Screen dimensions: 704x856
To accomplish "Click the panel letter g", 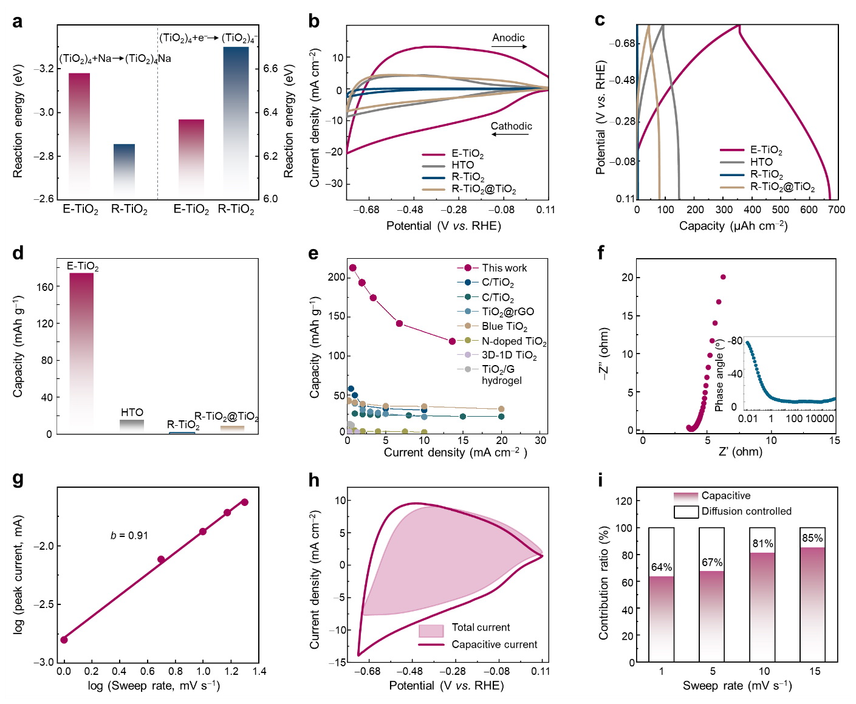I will click(x=18, y=479).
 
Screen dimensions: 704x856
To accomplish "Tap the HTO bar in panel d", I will click(x=132, y=426).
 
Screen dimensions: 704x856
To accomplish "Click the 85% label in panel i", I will click(x=812, y=538).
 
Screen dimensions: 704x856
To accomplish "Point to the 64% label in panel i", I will click(x=662, y=567).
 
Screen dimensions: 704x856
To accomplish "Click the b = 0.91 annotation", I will click(x=129, y=535).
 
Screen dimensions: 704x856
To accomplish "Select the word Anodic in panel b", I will click(x=508, y=38).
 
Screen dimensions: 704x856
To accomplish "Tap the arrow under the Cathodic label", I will click(x=510, y=134).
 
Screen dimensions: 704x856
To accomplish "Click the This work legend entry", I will click(x=504, y=268).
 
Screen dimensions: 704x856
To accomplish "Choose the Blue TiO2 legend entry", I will click(x=504, y=326).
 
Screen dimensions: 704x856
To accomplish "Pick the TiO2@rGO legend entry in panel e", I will click(x=508, y=312).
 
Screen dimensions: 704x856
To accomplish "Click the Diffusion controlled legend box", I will click(x=686, y=511).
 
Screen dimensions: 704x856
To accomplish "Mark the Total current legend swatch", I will click(x=431, y=631).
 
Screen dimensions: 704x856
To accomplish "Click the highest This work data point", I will click(x=352, y=268).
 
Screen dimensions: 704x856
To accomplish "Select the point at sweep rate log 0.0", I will click(x=64, y=640).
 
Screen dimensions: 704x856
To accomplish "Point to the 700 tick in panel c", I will click(x=837, y=210).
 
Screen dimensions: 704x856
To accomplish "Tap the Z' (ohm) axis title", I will click(x=740, y=451).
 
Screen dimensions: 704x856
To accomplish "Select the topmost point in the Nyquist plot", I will click(x=723, y=277).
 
